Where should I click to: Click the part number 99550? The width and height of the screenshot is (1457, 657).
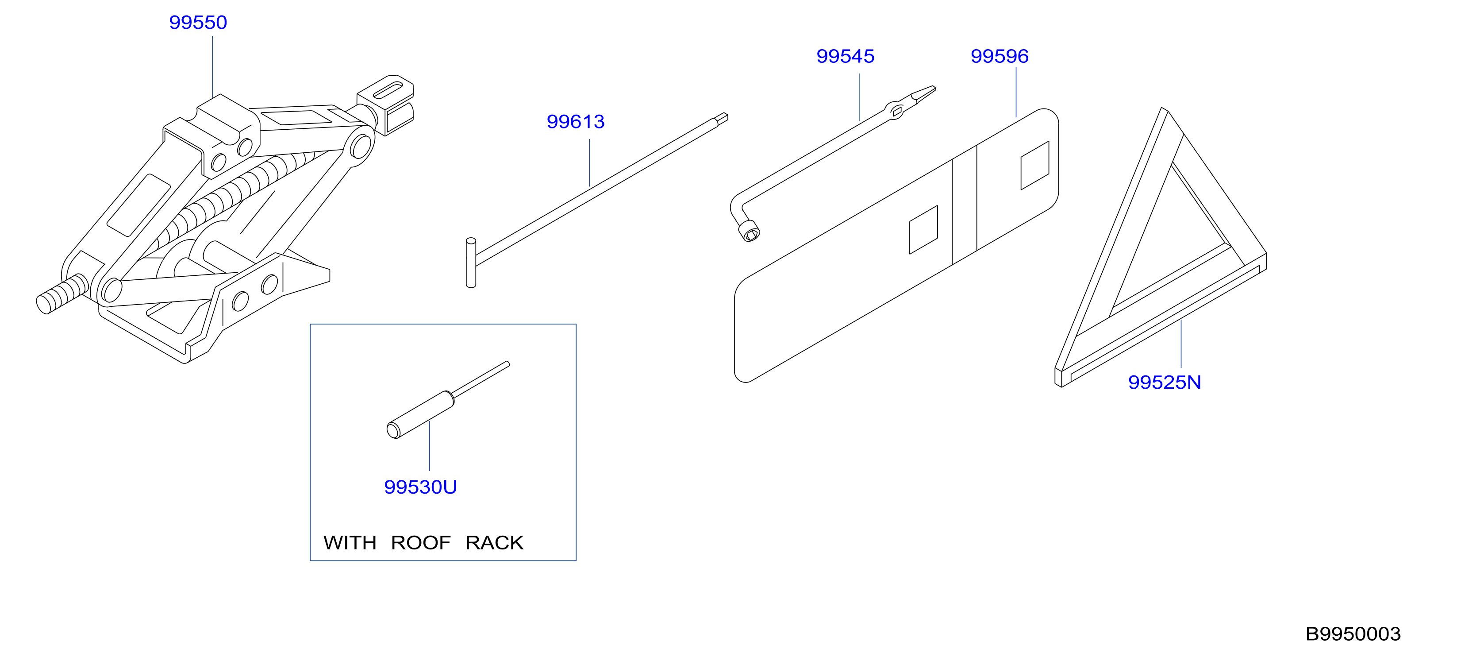coord(198,23)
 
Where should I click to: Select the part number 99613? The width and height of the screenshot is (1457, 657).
coord(575,122)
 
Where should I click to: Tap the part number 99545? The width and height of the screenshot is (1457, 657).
coord(845,56)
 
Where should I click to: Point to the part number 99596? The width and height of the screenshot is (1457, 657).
coord(1000,56)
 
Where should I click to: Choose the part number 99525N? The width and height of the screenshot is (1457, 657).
coord(1165,383)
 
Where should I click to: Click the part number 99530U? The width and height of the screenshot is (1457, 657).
coord(420,487)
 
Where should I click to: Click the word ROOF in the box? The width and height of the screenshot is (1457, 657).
coord(421,543)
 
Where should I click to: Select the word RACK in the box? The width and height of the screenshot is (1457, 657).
coord(494,543)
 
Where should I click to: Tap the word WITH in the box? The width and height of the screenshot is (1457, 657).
coord(350,543)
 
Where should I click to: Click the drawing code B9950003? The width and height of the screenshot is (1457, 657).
coord(1353,634)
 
